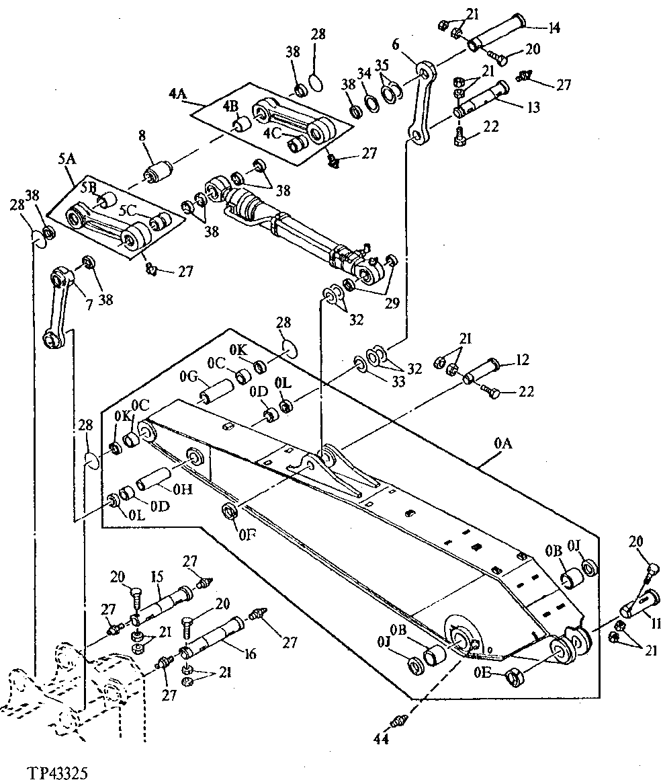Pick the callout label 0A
(504, 444)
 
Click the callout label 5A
(67, 159)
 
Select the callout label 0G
(188, 377)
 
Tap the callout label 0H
(182, 490)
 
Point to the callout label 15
(157, 577)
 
